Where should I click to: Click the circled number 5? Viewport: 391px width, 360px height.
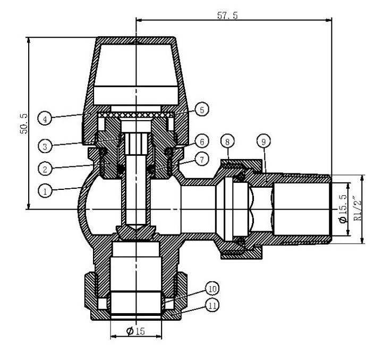(201, 110)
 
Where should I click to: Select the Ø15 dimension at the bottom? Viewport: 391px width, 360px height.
(135, 331)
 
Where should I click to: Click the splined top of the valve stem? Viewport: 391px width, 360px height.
(135, 143)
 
